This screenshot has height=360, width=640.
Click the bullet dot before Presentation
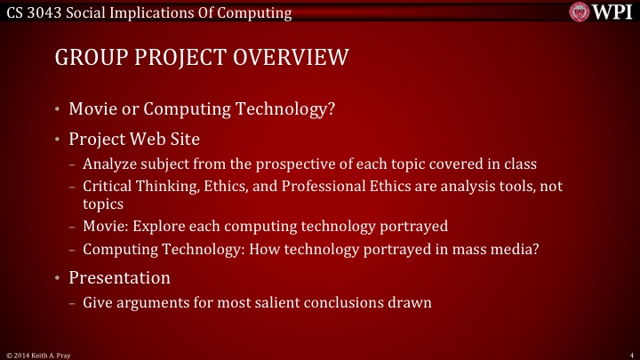[x=57, y=278]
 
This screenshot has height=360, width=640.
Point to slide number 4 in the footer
[x=629, y=355]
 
